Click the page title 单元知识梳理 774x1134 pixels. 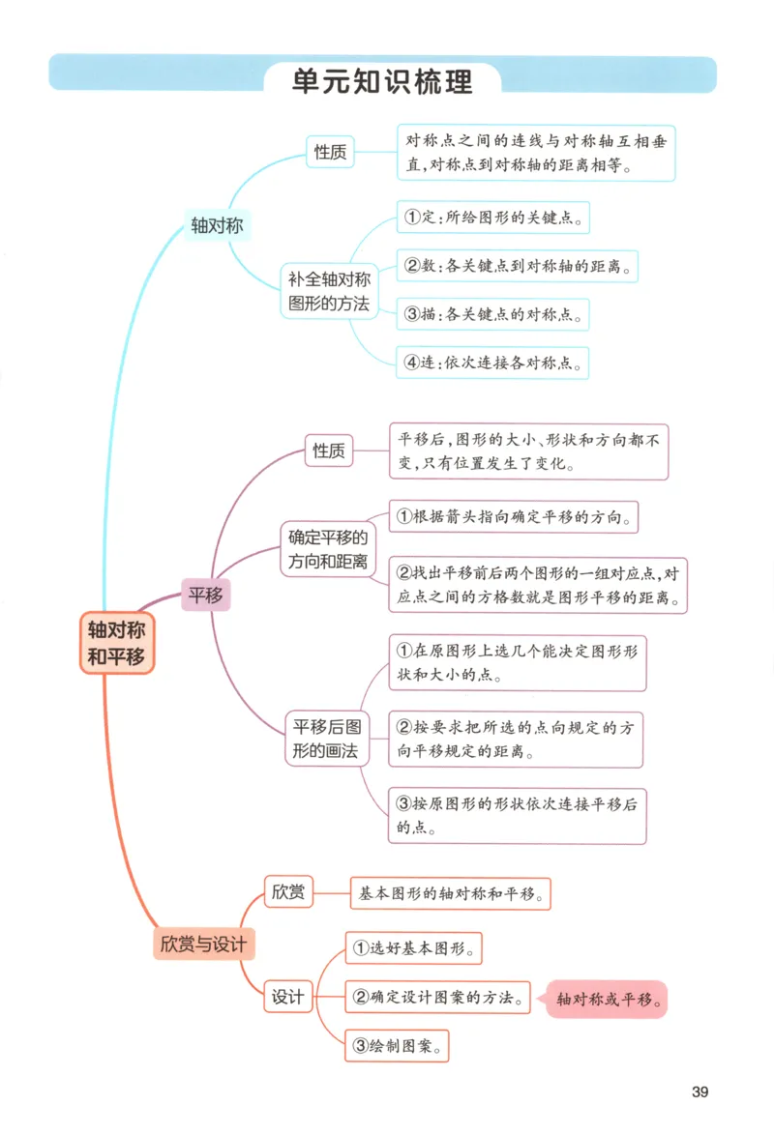382,82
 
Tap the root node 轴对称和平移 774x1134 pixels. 116,643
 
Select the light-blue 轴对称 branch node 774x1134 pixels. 217,226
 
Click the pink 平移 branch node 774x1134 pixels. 205,596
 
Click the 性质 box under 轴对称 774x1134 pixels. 330,152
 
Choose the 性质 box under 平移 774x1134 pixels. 329,451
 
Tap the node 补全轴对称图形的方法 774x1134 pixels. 329,291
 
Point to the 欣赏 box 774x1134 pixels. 288,891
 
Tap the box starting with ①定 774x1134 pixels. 492,217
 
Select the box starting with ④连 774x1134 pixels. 492,363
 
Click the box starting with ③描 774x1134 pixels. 492,314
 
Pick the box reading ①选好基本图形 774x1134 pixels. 413,947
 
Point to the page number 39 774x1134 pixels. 700,1091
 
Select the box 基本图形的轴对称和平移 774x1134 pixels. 450,893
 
